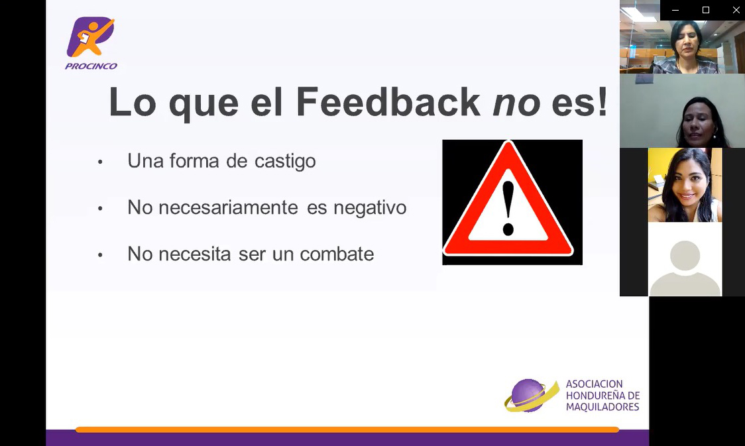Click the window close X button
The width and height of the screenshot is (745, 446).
[x=736, y=10]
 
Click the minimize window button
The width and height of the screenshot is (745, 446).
[x=675, y=10]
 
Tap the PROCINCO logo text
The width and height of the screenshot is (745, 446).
[x=91, y=66]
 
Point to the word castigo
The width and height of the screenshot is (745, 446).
[x=285, y=162]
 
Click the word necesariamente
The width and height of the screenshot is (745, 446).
[x=229, y=207]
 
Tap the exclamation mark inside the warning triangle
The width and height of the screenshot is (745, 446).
[x=508, y=209]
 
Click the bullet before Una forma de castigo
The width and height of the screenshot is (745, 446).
[x=100, y=162]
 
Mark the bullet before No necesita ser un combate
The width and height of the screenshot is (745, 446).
[x=100, y=255]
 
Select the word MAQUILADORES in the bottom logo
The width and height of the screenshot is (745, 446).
[x=602, y=407]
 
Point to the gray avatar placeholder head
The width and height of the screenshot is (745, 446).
[x=685, y=255]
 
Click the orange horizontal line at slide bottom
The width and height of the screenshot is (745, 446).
[x=347, y=429]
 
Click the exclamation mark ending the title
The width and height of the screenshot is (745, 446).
[x=603, y=101]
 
